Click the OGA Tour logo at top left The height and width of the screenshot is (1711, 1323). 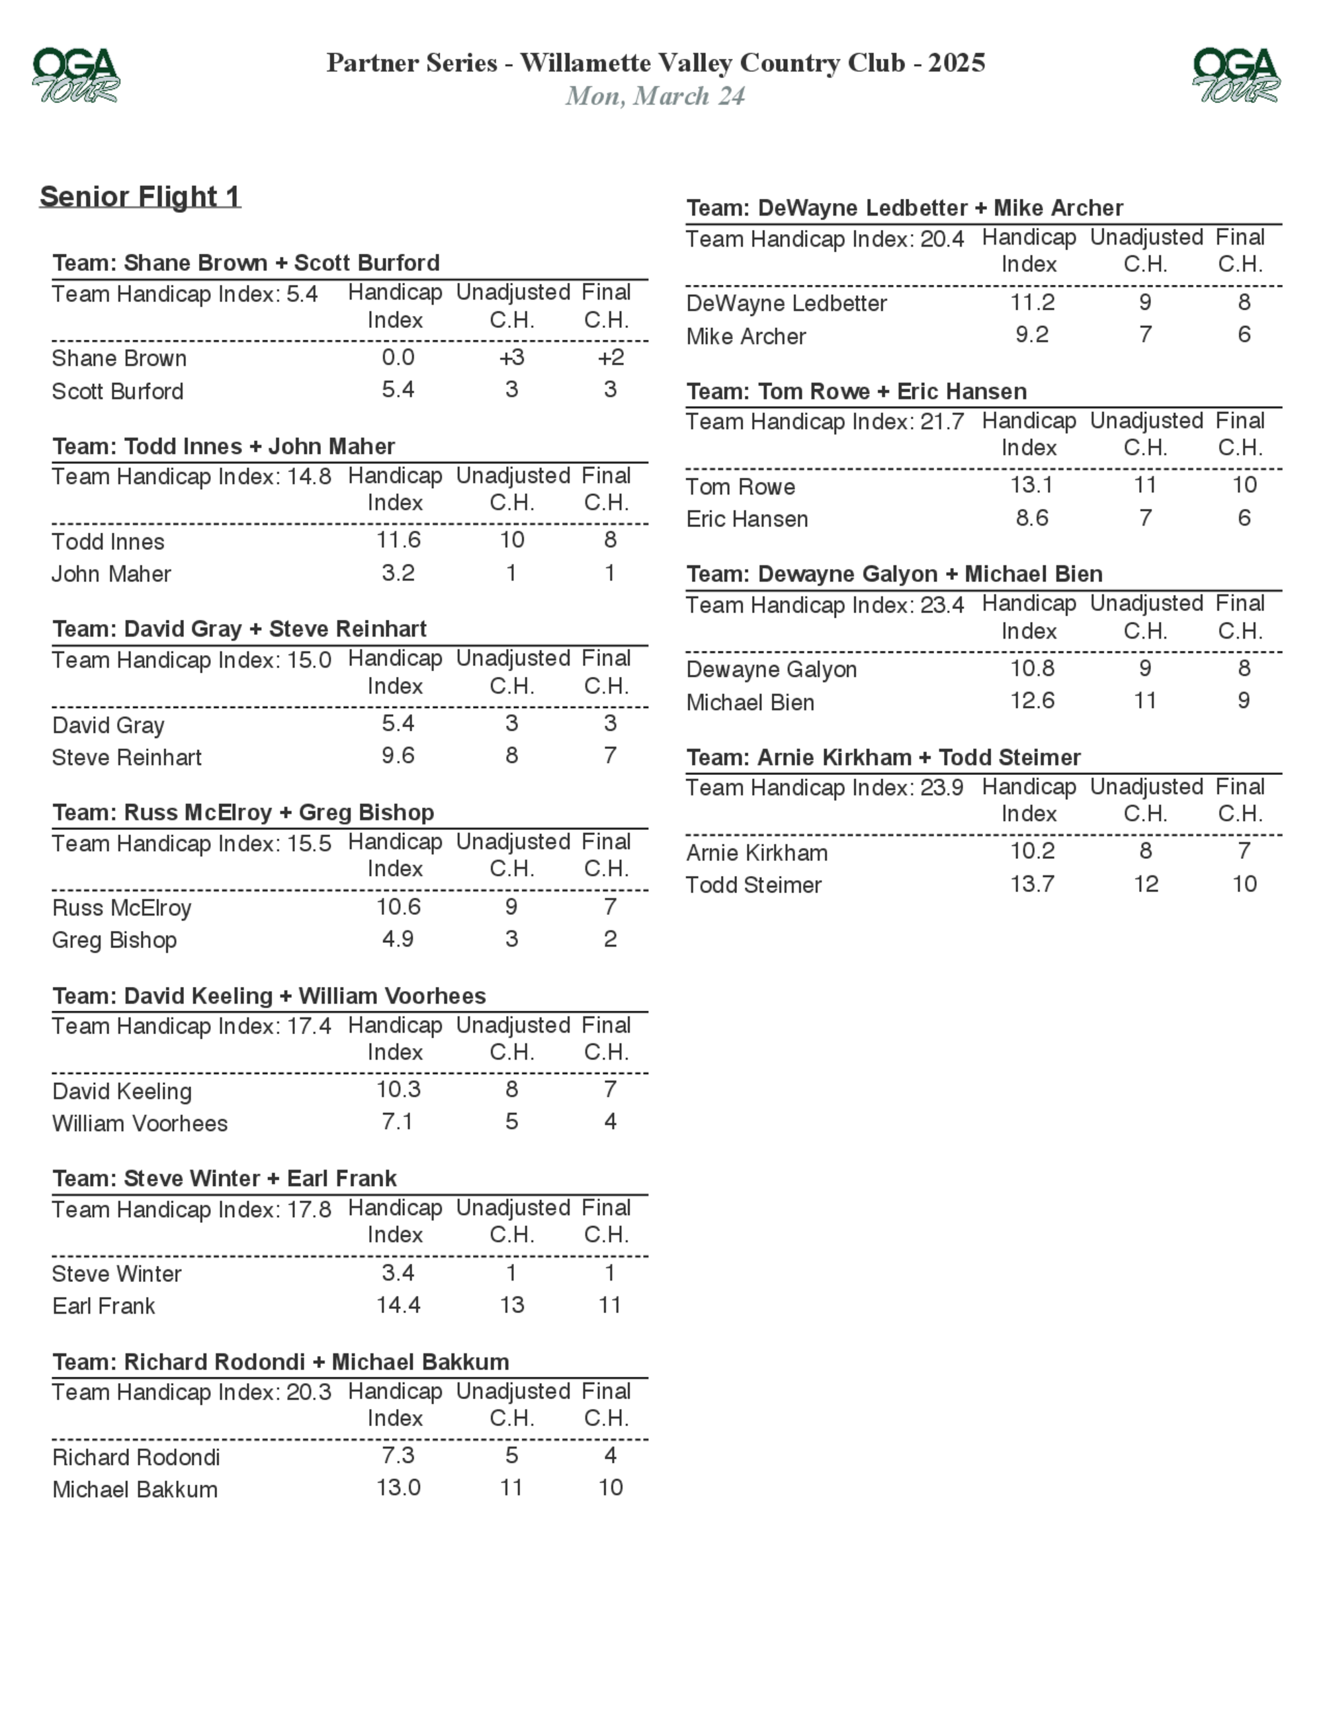[x=75, y=75]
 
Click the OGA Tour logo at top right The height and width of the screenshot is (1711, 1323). [x=1236, y=75]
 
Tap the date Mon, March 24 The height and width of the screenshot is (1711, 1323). [x=656, y=96]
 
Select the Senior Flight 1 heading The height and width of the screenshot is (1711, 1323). [x=140, y=196]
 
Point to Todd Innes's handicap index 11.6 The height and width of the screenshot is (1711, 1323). [x=398, y=539]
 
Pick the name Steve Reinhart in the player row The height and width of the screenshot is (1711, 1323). [x=127, y=758]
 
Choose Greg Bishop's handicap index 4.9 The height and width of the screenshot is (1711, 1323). [x=398, y=939]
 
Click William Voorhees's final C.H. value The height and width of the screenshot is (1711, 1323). [x=610, y=1121]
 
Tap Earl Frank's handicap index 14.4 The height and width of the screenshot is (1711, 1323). [x=398, y=1304]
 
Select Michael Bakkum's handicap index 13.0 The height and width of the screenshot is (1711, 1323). [x=398, y=1487]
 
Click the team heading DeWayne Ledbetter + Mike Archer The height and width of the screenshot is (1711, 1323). [x=904, y=208]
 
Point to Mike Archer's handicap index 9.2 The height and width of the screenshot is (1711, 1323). [x=1031, y=335]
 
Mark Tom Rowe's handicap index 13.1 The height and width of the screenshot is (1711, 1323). [x=1031, y=485]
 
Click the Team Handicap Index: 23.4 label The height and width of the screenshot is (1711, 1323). [x=824, y=605]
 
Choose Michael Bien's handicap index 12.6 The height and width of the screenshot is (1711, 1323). [x=1031, y=700]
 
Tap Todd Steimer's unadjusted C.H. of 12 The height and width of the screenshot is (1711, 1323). [x=1145, y=884]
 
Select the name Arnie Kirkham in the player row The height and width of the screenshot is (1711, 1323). [x=756, y=852]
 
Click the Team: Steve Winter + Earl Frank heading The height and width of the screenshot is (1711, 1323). [x=224, y=1178]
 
